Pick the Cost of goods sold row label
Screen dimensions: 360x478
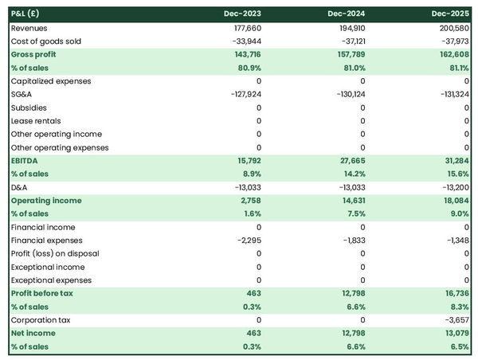(x=46, y=41)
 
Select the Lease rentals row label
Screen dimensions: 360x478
(x=35, y=121)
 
